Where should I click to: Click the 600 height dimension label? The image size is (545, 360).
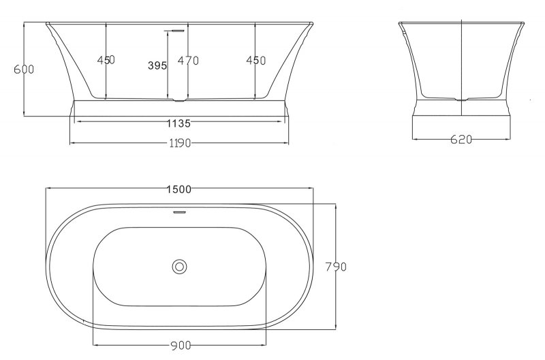click(24, 70)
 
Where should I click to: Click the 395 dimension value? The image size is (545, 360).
click(157, 65)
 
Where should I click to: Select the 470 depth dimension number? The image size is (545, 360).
click(188, 61)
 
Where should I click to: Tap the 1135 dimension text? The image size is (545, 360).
click(178, 123)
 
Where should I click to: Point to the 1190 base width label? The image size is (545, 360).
click(180, 143)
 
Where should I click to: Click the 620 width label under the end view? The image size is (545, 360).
click(461, 140)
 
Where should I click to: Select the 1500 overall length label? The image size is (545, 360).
click(179, 190)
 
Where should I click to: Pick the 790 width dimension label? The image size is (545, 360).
click(336, 267)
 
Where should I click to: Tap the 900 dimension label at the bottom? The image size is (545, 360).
click(181, 346)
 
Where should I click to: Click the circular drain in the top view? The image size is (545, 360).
click(179, 267)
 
